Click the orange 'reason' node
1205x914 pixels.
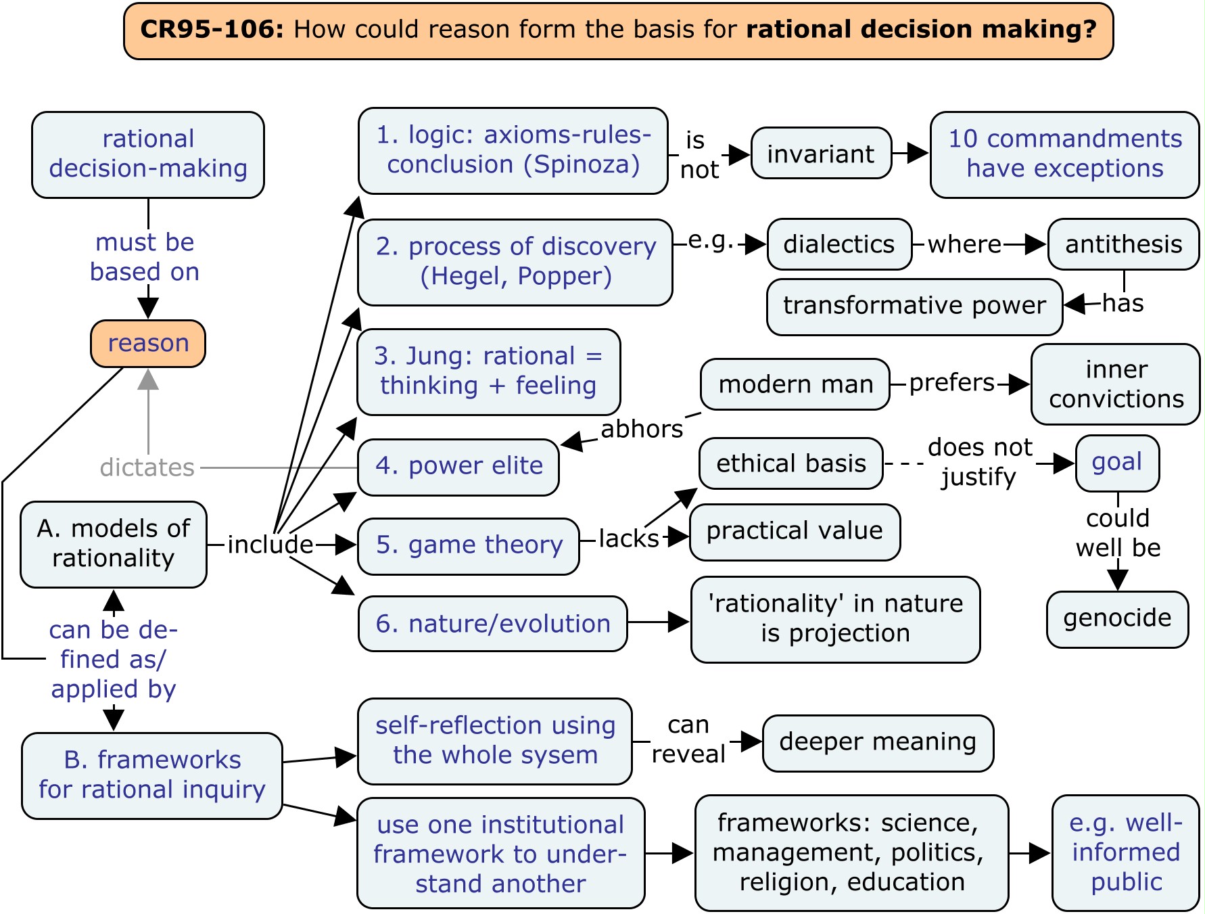(148, 344)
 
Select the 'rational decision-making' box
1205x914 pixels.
(148, 154)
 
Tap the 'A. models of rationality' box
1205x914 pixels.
(114, 544)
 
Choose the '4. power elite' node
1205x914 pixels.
(458, 466)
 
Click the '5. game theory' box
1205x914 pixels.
(469, 545)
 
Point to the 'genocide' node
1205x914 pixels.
(1117, 618)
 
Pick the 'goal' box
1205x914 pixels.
(1117, 463)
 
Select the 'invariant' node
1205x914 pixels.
(821, 154)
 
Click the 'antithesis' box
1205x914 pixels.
(1123, 244)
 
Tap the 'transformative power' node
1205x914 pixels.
(914, 306)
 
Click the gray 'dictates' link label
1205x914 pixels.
(147, 467)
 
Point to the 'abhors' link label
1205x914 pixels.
(642, 429)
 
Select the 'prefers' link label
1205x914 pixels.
(951, 383)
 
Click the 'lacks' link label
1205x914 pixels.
(628, 539)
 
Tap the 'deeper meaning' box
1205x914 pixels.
(878, 742)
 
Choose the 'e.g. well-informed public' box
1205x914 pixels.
(1125, 852)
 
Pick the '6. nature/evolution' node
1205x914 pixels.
(493, 624)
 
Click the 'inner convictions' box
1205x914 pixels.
(1116, 384)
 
